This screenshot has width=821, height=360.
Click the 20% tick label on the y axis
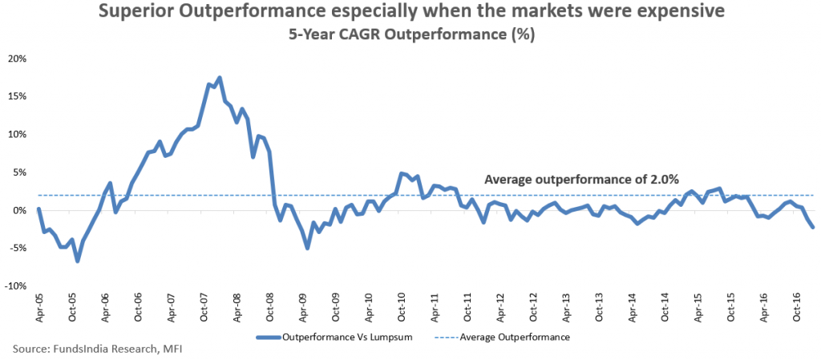(x=17, y=59)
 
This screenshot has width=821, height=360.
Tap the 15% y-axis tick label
(x=17, y=96)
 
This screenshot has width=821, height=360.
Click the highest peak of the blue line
(x=220, y=78)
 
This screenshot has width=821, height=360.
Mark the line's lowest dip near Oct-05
(x=78, y=261)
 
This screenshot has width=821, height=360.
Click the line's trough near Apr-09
(x=307, y=248)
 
